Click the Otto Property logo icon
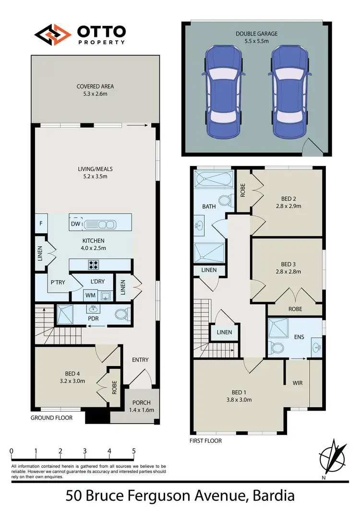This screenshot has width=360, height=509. [52, 34]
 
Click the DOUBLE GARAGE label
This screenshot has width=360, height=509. [257, 34]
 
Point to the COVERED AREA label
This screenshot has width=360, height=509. [95, 86]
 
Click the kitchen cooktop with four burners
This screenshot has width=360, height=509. [92, 264]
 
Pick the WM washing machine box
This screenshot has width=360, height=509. [90, 295]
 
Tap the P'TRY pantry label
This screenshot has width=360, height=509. [58, 283]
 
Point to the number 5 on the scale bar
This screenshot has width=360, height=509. [134, 451]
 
